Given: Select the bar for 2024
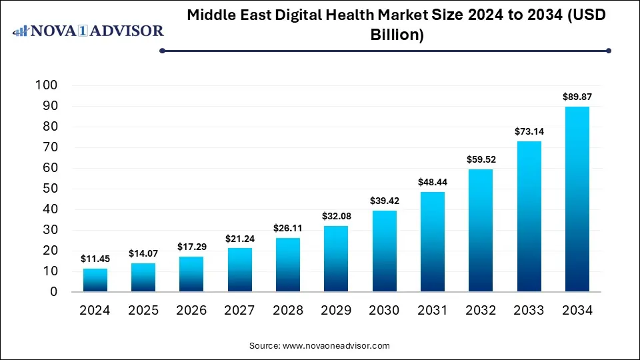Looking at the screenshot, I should pos(95,280).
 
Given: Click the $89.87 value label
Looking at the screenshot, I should pos(577,97).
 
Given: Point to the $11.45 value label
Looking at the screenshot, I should pos(95,259).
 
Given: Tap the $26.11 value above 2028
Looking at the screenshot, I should pos(288,228).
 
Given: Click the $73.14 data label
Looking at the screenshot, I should pos(529,131).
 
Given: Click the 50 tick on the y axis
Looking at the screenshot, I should pos(51,189).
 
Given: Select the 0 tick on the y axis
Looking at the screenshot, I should pos(55,292).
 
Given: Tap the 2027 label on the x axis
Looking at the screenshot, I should pos(240,310).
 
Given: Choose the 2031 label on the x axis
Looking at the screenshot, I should pos(433,310).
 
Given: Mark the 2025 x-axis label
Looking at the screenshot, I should pos(143,310).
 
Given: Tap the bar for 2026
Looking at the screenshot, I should pos(191,274).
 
